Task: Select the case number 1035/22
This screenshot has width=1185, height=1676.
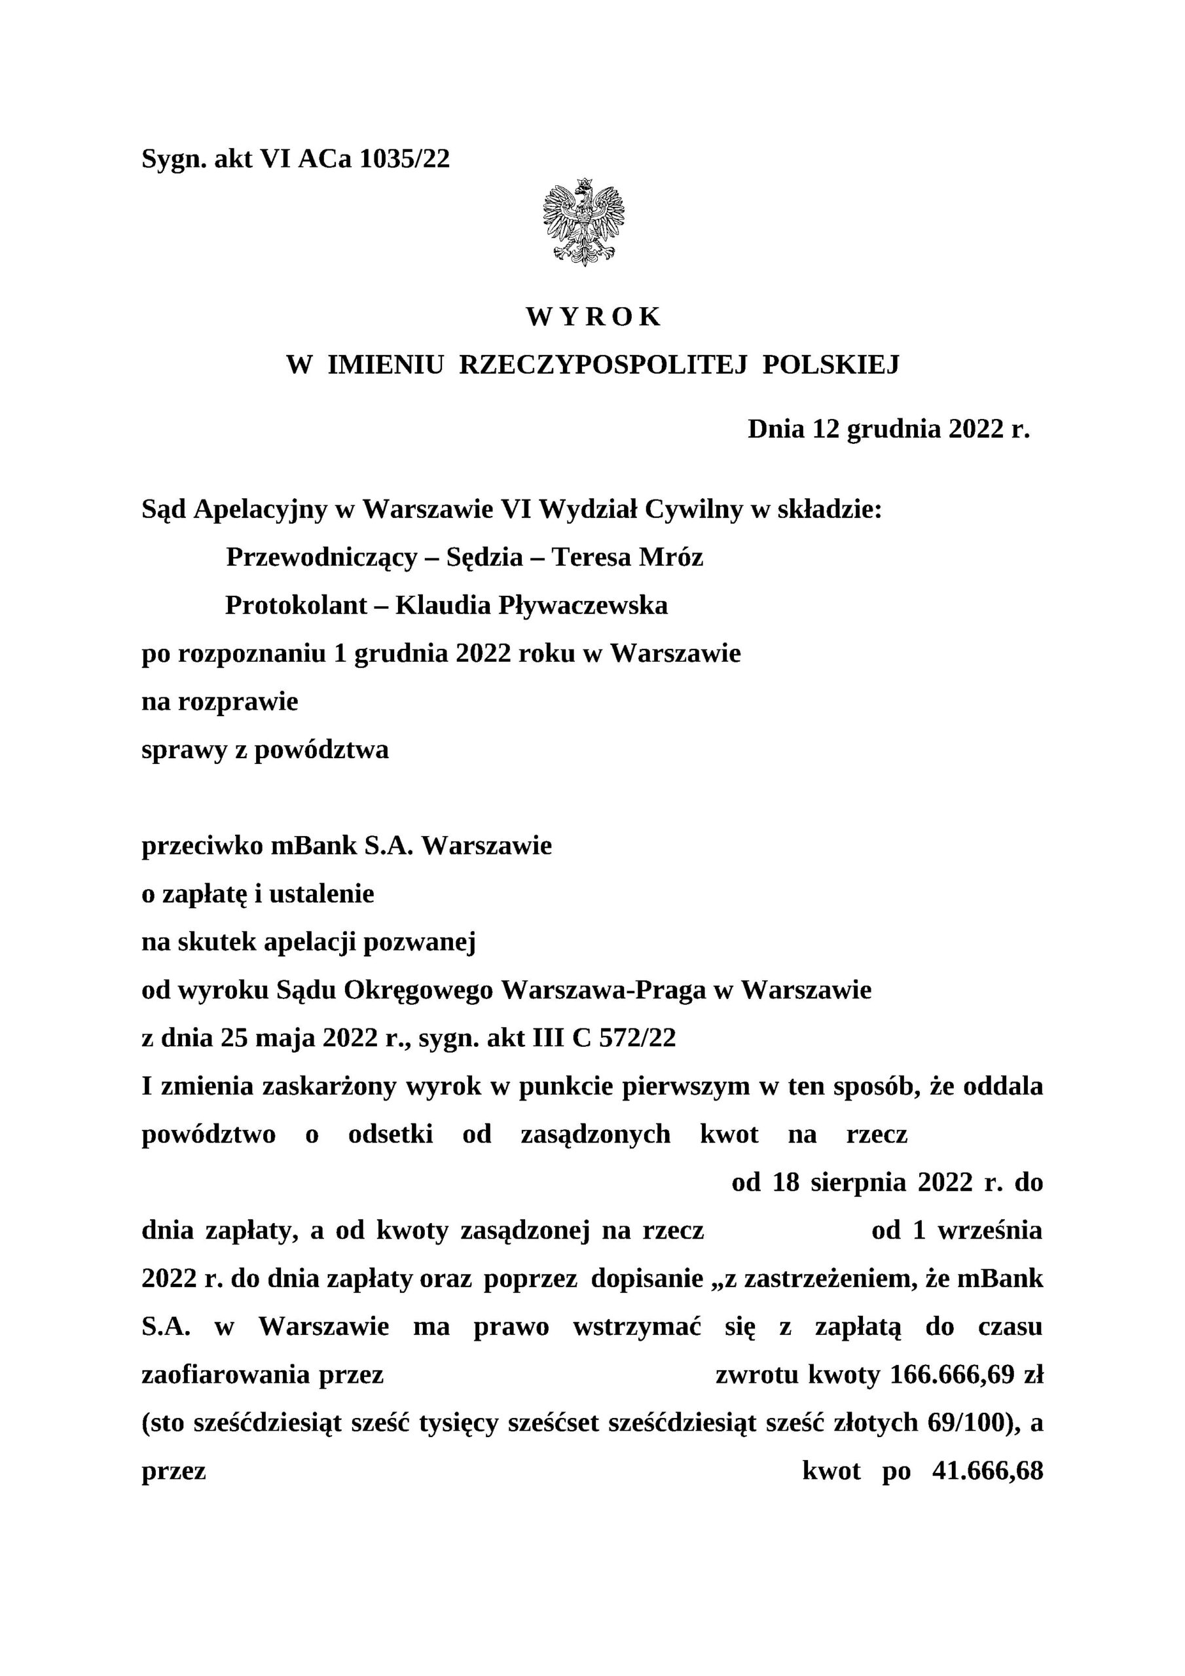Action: [405, 158]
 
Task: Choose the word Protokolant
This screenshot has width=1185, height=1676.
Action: [296, 605]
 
